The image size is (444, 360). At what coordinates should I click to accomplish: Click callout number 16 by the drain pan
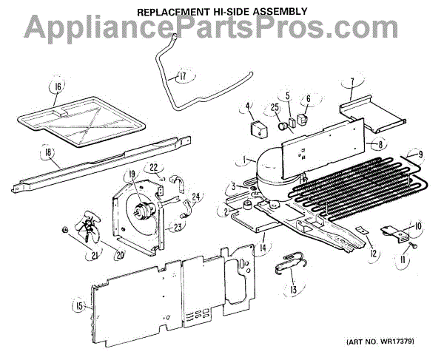coord(57,87)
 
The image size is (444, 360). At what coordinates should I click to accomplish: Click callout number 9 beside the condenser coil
coord(420,155)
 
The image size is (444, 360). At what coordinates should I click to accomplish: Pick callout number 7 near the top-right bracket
coord(352,83)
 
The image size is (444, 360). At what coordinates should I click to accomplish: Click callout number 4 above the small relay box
coord(249,106)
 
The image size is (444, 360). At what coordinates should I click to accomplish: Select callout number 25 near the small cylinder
coord(275,108)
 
